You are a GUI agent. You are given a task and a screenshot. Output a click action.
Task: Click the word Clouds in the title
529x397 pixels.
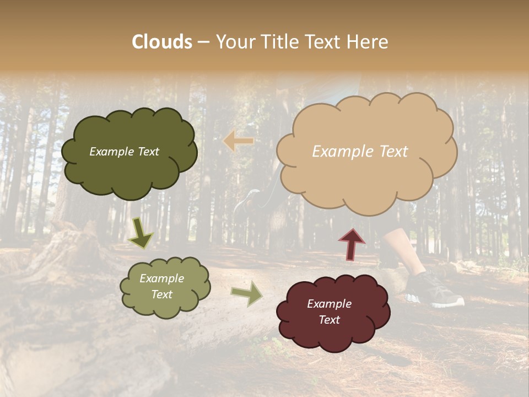tap(162, 42)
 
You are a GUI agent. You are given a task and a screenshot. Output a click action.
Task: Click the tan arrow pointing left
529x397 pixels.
tap(238, 142)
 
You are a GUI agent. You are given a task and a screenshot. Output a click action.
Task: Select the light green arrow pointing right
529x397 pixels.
tap(247, 293)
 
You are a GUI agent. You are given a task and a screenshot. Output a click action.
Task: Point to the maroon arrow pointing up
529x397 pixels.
tap(352, 244)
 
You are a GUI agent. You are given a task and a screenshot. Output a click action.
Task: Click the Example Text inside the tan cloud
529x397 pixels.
tap(360, 152)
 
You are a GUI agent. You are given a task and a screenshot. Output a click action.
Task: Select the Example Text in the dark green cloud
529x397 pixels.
tap(124, 152)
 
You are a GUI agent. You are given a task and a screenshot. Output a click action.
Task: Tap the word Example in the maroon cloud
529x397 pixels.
tap(329, 304)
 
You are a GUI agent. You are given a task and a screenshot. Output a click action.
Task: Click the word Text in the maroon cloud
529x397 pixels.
tap(329, 320)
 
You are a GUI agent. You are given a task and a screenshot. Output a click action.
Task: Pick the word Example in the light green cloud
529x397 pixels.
tap(161, 278)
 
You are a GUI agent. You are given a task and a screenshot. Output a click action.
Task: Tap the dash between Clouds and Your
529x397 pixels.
tap(203, 42)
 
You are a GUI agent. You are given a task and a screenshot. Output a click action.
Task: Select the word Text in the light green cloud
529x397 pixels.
tap(162, 294)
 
